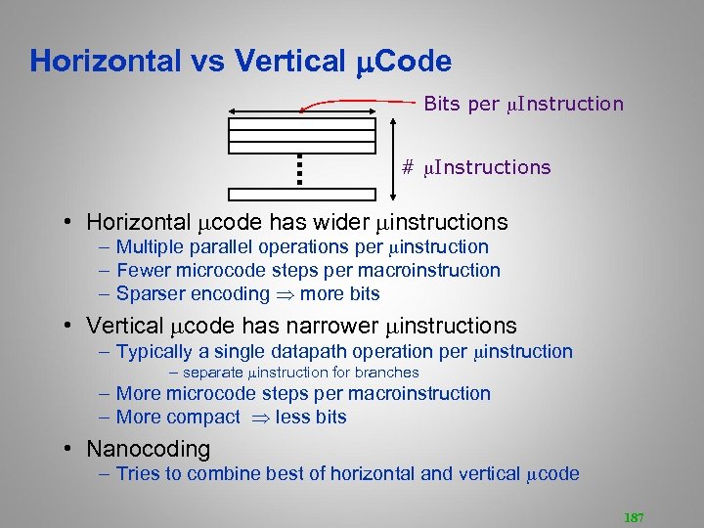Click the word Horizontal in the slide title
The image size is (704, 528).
coord(105,62)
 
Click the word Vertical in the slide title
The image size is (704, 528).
coord(290,62)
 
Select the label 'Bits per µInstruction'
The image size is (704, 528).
coord(523,104)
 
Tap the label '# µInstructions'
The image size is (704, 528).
coord(476,167)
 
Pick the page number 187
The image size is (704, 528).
coord(632,517)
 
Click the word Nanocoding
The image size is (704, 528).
coord(148,450)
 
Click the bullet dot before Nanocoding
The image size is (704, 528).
coord(71,450)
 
